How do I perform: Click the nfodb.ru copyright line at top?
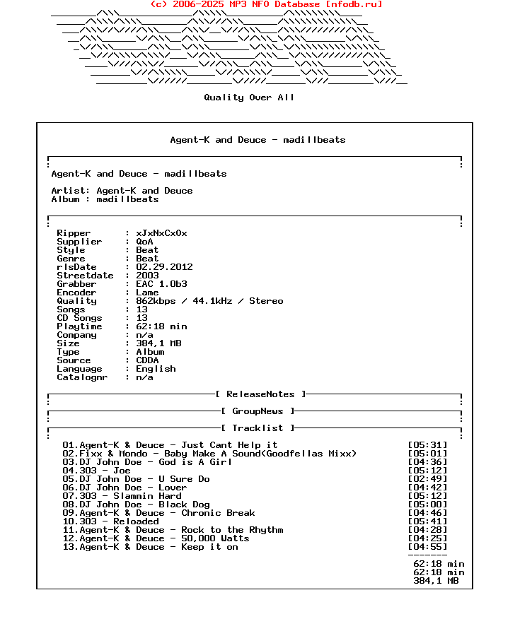[x=267, y=4]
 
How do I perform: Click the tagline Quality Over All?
[x=249, y=98]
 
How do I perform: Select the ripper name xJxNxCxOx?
[x=161, y=233]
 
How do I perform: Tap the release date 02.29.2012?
[x=164, y=267]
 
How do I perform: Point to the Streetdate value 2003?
[x=147, y=276]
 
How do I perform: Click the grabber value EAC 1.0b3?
[x=161, y=284]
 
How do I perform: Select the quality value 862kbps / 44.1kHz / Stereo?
[x=209, y=301]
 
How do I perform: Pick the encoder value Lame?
[x=147, y=293]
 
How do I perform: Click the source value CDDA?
[x=147, y=360]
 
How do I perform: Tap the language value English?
[x=156, y=369]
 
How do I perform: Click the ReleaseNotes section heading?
[x=260, y=394]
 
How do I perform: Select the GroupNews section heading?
[x=258, y=411]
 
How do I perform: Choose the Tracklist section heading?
[x=258, y=428]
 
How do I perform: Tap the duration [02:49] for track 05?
[x=427, y=479]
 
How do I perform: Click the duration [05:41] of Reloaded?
[x=427, y=521]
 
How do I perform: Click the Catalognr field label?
[x=82, y=377]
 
